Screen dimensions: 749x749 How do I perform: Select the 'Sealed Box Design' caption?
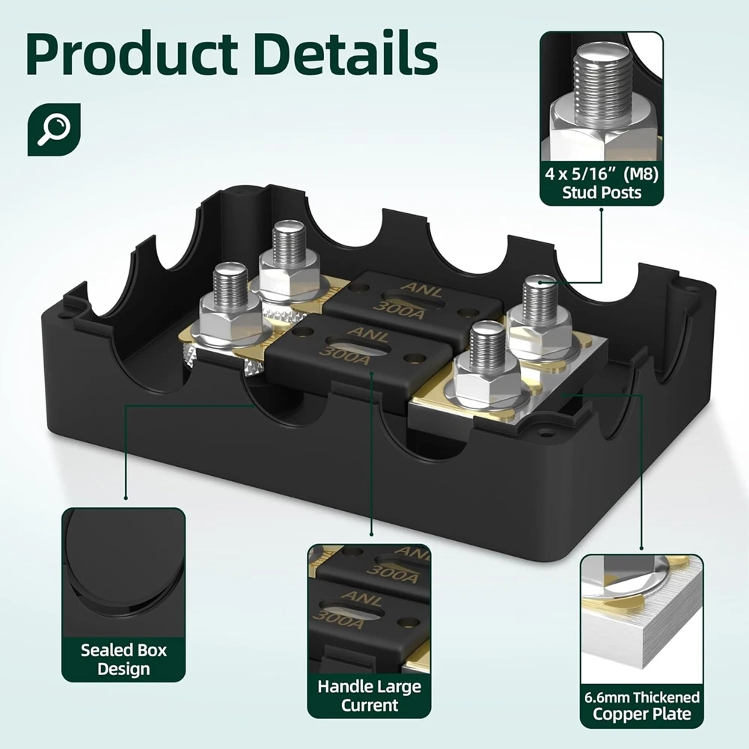click(x=123, y=658)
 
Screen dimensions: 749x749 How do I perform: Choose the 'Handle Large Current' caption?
click(x=370, y=696)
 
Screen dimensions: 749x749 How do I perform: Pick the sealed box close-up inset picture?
click(x=123, y=569)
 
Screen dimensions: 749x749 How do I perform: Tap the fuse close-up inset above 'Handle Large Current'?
click(x=370, y=606)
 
